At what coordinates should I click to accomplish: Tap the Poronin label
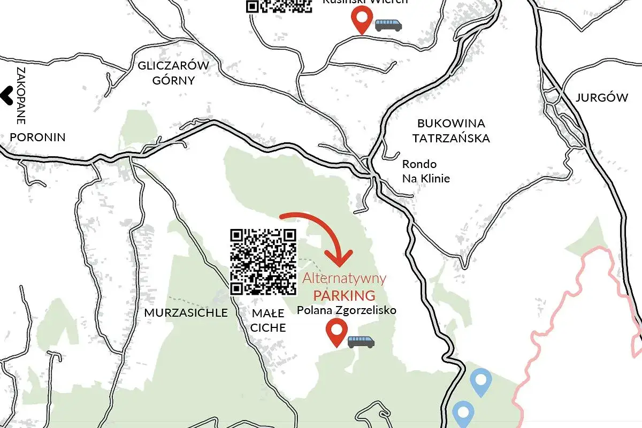click(x=37, y=137)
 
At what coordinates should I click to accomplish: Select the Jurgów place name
click(x=602, y=98)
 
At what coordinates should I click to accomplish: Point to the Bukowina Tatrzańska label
click(x=451, y=131)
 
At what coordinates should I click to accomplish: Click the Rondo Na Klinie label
click(x=426, y=171)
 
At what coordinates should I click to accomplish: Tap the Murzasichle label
click(x=186, y=312)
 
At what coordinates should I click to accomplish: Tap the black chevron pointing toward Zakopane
click(x=7, y=96)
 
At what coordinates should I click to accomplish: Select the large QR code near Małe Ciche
click(x=263, y=262)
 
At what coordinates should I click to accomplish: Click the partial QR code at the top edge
click(x=279, y=6)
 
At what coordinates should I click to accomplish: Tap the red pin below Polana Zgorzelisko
click(x=336, y=332)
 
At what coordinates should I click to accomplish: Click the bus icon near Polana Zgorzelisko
click(x=361, y=341)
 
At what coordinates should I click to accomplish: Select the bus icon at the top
click(x=388, y=25)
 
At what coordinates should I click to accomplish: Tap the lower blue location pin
click(x=463, y=414)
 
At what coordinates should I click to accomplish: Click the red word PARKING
click(x=344, y=295)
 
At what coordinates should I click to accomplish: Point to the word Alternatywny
click(x=344, y=278)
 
